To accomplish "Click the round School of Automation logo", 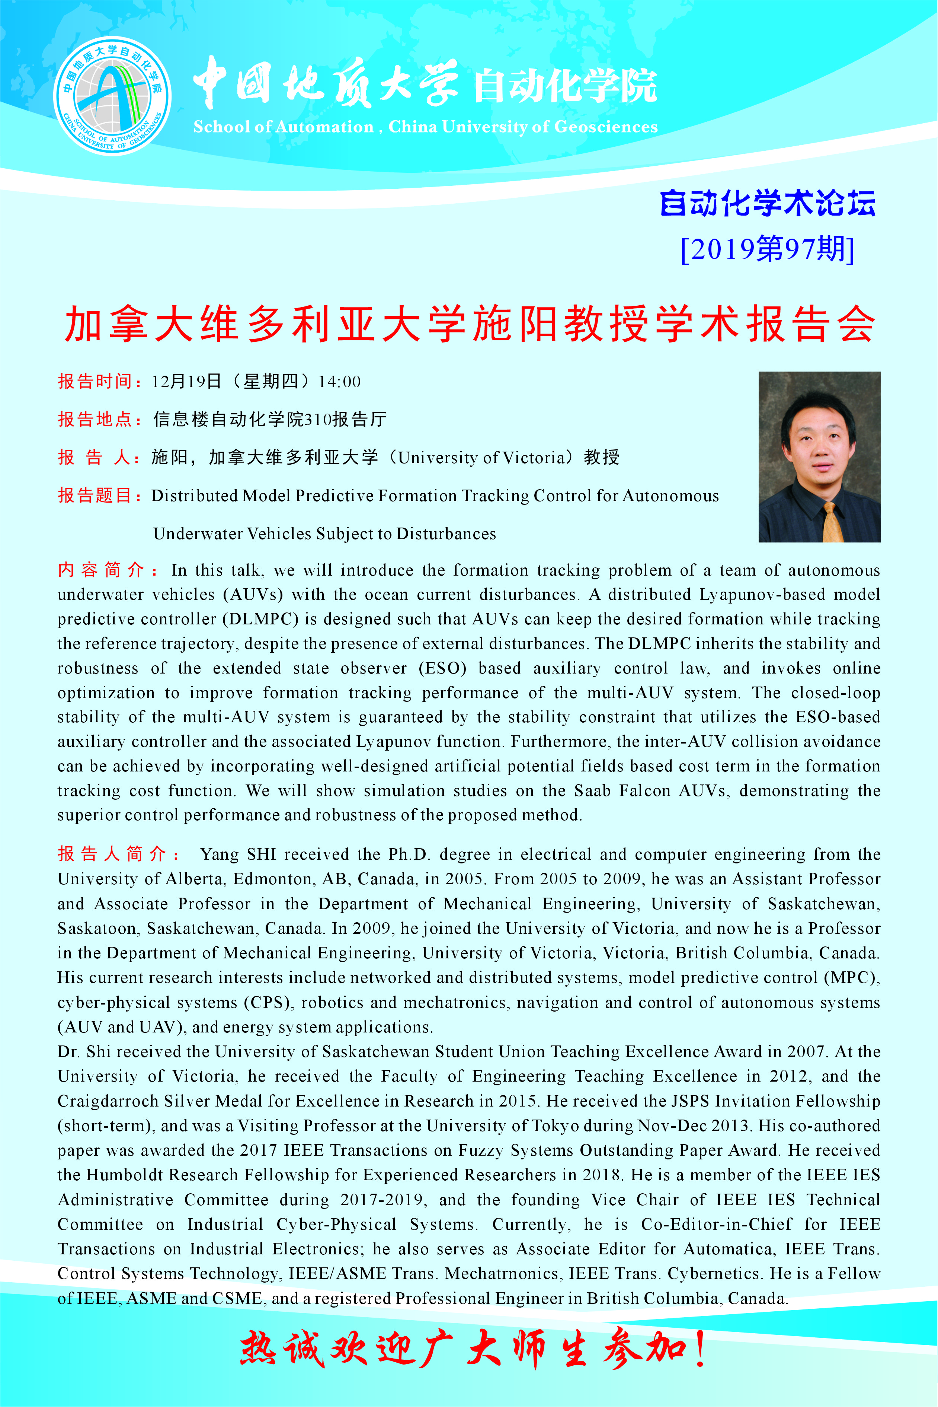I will tap(112, 96).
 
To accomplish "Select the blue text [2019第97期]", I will tap(768, 249).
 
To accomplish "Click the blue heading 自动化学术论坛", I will tap(768, 204).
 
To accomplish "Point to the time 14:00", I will tap(339, 382).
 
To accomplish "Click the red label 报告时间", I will tap(95, 382).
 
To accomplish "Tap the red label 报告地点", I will tap(95, 420).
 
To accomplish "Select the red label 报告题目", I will tap(95, 496).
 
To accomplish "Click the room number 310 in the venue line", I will tap(318, 420).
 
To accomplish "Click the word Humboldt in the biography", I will tap(124, 1175).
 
